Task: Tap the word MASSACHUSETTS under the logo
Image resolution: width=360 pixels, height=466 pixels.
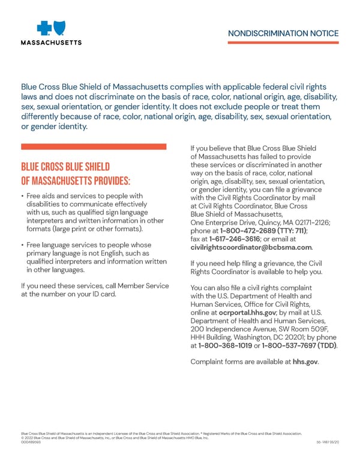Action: click(x=52, y=43)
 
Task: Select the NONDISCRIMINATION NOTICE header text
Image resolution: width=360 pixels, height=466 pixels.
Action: click(x=283, y=34)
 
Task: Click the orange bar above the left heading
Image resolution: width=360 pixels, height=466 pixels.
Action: click(x=94, y=147)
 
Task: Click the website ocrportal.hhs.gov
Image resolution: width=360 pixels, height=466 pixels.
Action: click(x=247, y=313)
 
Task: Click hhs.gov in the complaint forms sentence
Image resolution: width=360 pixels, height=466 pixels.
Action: click(x=305, y=362)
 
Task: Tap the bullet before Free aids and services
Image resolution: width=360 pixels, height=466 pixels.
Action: click(x=22, y=196)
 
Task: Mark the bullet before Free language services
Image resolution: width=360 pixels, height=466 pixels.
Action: click(x=22, y=245)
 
